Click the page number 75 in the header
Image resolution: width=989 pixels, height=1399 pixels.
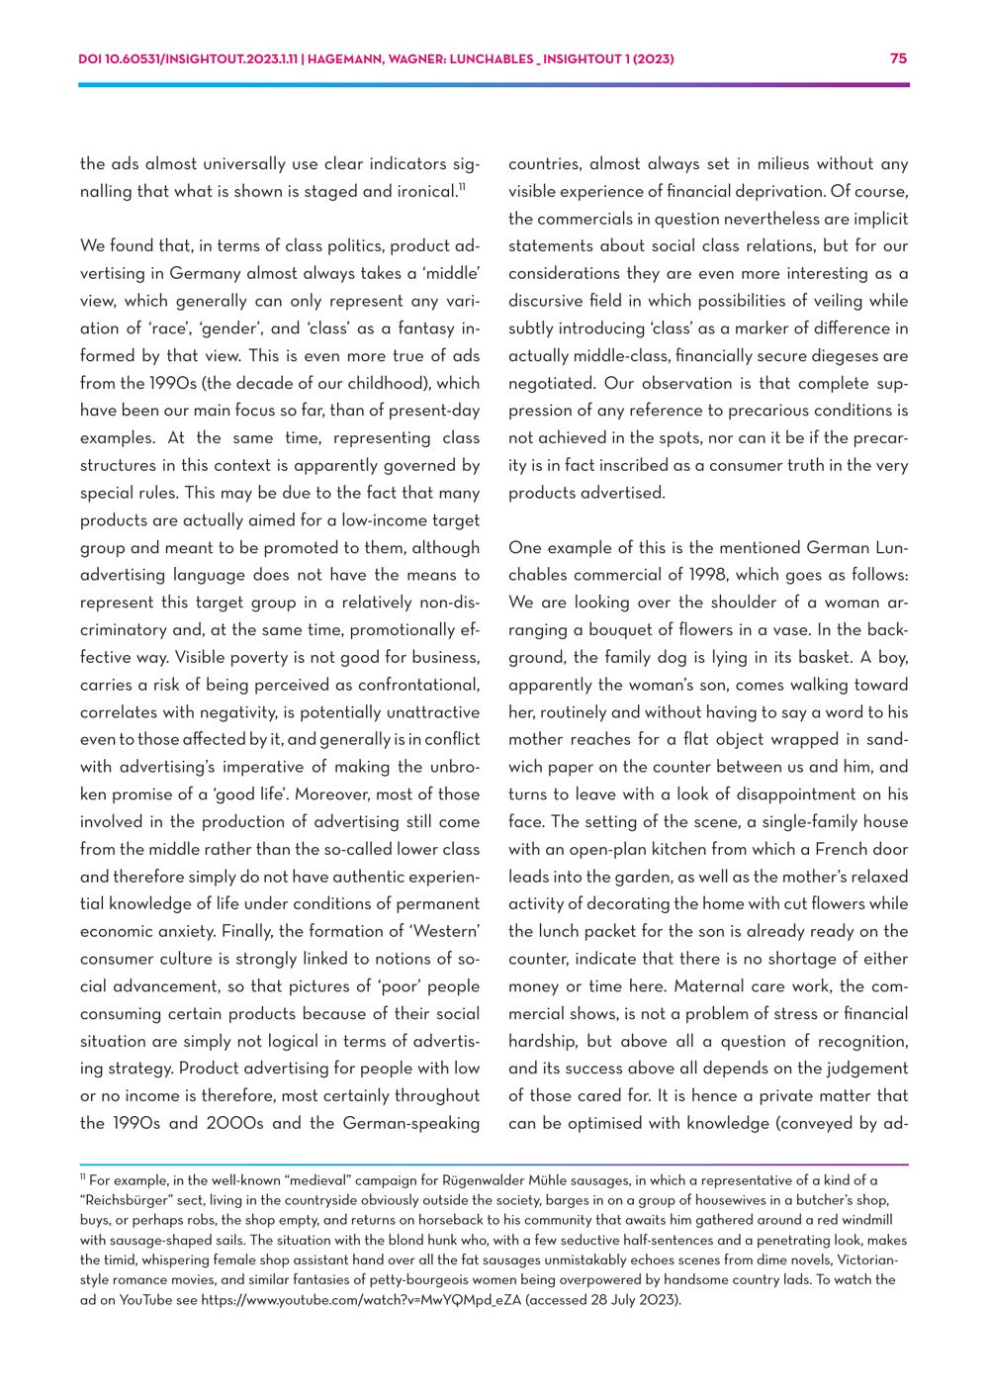coord(898,58)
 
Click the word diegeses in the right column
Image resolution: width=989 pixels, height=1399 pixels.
coord(793,355)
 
